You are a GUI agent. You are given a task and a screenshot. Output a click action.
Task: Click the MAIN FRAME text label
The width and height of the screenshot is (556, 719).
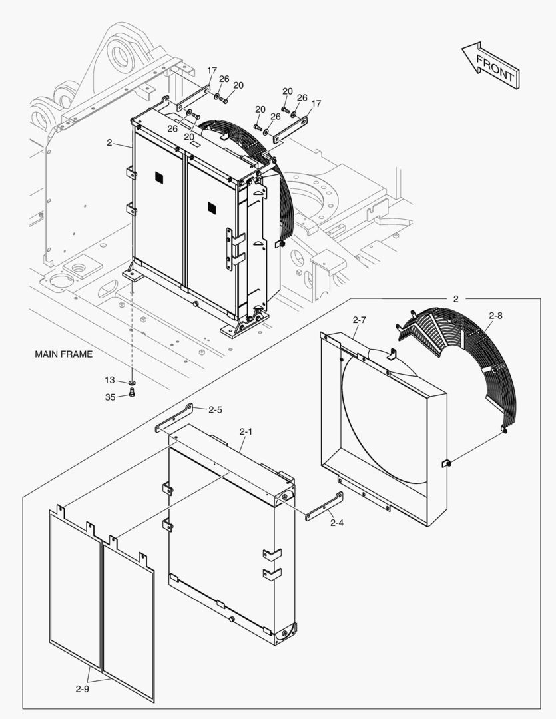pos(63,354)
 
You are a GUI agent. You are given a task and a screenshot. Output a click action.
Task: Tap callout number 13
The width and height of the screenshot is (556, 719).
pos(109,380)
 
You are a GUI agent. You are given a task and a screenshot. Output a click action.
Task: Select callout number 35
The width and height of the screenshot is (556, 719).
pos(109,397)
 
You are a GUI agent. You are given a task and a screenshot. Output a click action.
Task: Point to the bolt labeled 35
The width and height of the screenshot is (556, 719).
pos(131,393)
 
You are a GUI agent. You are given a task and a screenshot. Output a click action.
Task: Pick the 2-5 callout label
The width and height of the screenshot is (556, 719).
pos(215,410)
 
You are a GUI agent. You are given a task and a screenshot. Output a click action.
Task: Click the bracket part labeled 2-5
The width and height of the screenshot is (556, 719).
pos(174,417)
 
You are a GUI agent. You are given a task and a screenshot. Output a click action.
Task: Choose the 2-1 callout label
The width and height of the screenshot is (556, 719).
pos(246,432)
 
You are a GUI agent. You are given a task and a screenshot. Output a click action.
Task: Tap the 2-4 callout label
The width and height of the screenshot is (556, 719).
pos(337,523)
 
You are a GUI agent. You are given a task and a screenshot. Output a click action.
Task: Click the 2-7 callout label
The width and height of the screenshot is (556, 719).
pos(359,320)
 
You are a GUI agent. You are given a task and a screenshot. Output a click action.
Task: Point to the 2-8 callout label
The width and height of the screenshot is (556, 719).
pos(496,316)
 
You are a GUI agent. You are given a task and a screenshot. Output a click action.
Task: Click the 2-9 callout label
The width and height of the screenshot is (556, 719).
pos(82,689)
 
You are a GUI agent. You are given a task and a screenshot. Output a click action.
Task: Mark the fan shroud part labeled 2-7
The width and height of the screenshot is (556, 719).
pos(383,426)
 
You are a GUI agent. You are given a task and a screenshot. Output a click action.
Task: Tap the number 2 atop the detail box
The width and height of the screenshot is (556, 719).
pos(455,299)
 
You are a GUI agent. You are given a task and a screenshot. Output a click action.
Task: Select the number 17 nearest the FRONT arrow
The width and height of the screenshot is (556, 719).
pos(316,103)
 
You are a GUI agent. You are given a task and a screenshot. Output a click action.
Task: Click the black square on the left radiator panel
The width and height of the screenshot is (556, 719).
pos(159,176)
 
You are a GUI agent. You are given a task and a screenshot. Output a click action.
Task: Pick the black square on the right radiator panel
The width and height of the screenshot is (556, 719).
pos(212,207)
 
